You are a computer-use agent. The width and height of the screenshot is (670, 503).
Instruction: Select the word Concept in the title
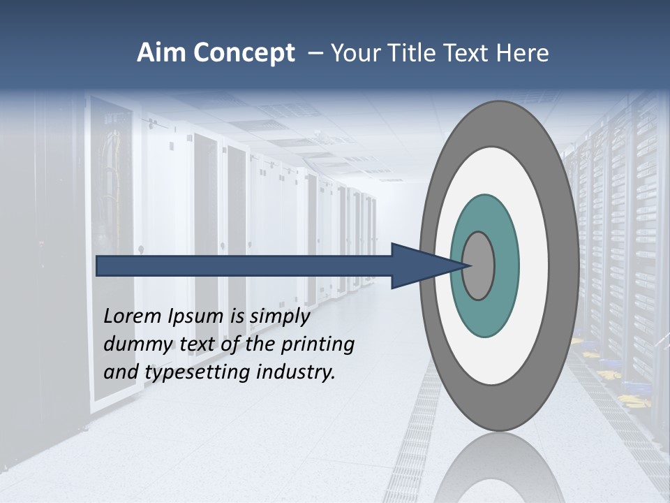click(243, 54)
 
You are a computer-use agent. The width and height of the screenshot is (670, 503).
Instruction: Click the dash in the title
click(315, 54)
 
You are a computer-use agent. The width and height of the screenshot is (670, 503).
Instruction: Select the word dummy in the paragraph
click(135, 344)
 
